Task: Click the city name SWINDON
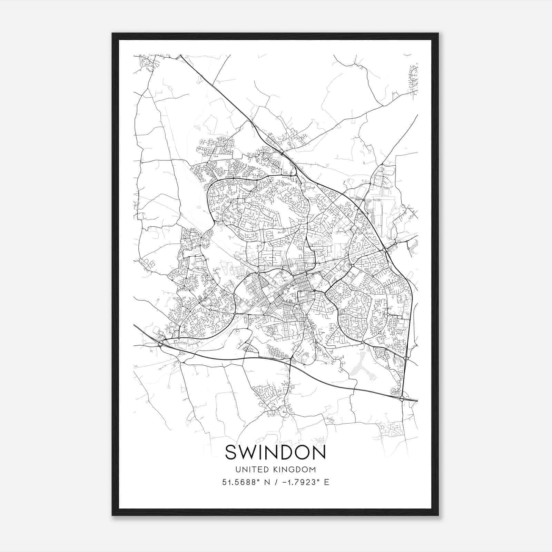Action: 275,453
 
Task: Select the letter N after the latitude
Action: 266,482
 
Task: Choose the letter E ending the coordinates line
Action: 326,482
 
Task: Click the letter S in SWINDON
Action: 231,453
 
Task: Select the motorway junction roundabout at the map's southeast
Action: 402,399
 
